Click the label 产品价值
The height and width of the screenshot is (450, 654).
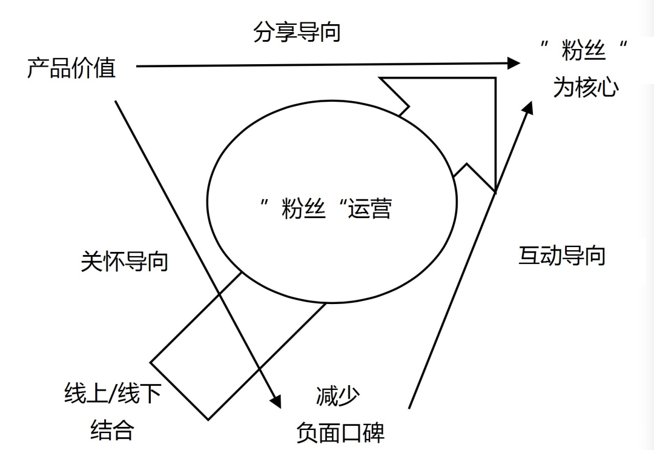point(71,68)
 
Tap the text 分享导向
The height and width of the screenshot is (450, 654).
point(297,31)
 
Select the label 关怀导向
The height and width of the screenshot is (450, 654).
point(124,262)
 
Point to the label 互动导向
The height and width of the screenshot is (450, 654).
point(562,256)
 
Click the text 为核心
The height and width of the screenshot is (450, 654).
point(586,87)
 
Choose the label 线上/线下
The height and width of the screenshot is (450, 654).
point(113,394)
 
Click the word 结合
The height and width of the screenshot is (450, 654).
point(112,430)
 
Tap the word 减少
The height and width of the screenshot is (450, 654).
point(337,396)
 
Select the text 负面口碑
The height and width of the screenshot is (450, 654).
point(340,432)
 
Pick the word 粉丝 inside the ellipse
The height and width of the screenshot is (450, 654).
point(303,209)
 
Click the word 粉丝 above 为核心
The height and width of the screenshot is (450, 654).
point(584,51)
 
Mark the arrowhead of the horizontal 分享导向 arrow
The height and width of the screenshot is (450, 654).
point(514,62)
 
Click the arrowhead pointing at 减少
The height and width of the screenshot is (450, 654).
point(276,400)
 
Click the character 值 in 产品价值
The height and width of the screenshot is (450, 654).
point(105,68)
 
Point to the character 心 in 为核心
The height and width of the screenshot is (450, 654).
point(608,87)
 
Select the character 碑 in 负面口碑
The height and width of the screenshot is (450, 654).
point(374,432)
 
